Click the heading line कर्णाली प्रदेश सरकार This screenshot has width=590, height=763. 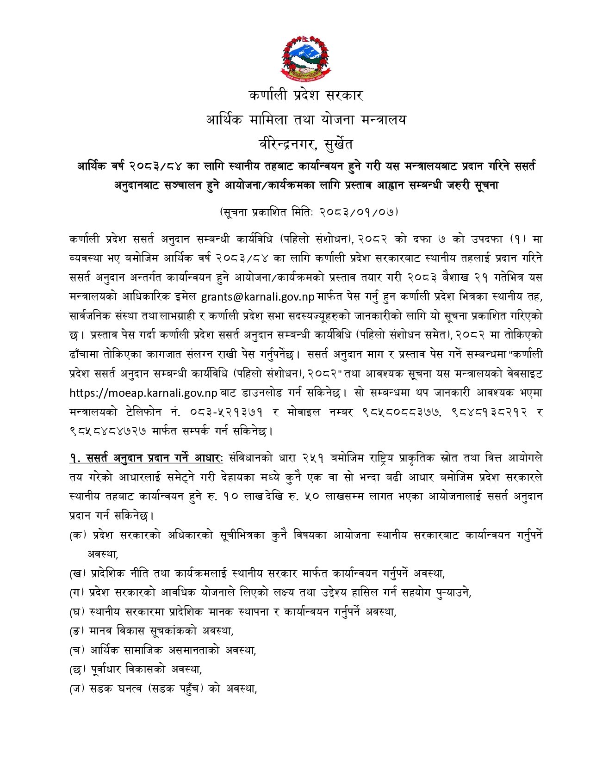306,96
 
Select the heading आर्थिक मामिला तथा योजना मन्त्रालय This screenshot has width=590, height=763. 306,120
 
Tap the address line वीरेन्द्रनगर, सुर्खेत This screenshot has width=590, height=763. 306,144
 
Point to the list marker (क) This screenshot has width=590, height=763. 78,535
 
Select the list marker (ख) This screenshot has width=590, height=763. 78,574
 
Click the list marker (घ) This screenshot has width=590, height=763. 78,612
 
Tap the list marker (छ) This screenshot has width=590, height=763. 78,669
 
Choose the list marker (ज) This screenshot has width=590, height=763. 78,689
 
